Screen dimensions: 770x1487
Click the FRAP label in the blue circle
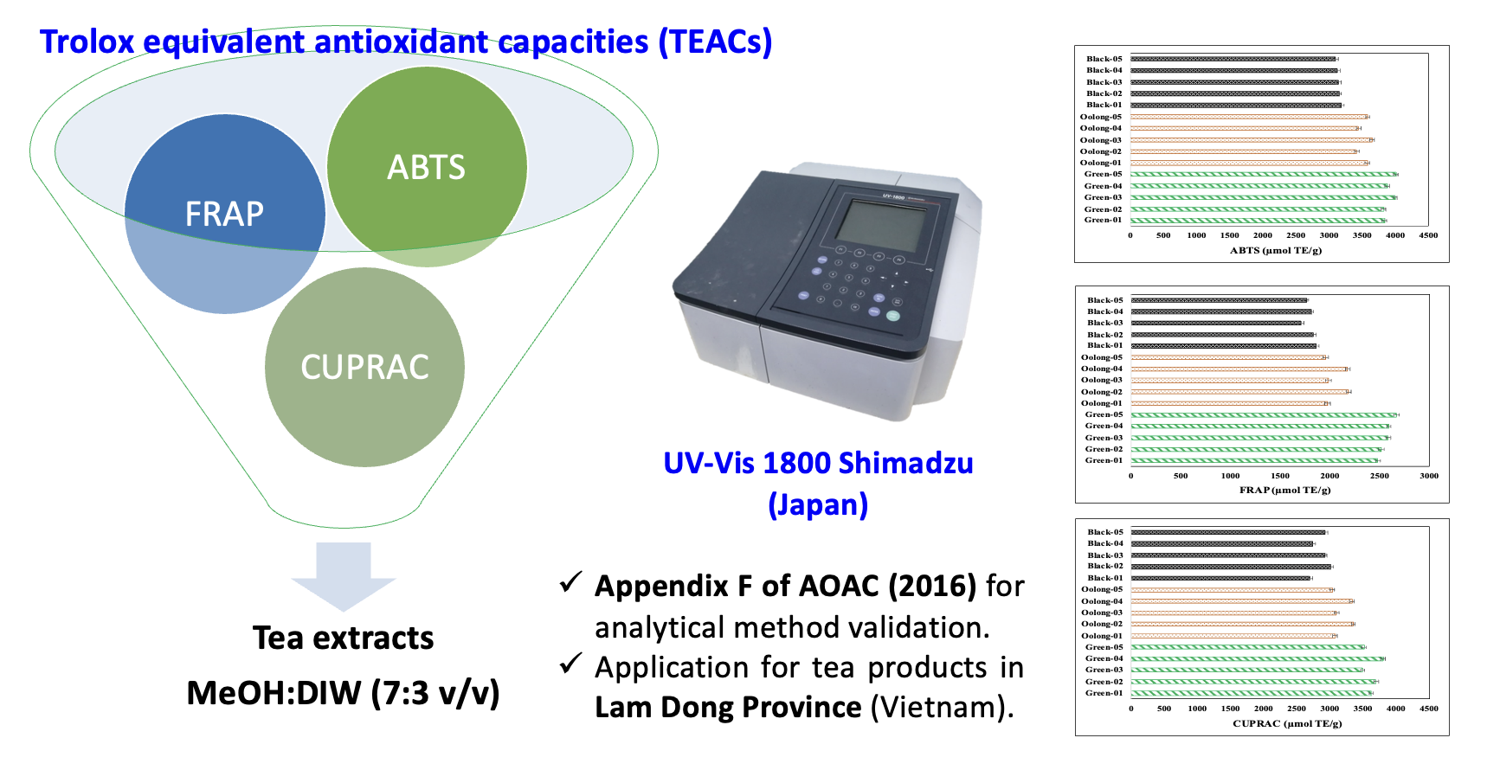(224, 214)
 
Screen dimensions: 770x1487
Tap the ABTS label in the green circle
(426, 167)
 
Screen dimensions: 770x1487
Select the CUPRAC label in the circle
(364, 367)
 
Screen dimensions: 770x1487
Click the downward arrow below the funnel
(344, 574)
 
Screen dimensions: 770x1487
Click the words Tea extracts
(343, 638)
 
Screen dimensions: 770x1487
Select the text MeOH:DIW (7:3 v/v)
(343, 693)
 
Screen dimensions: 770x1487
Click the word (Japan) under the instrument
(818, 504)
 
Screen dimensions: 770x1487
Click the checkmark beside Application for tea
(570, 664)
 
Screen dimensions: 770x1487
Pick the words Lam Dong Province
(728, 708)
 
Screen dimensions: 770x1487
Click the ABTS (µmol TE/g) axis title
(1275, 251)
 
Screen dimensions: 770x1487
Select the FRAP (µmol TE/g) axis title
(1284, 491)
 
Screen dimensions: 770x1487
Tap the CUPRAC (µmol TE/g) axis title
(1287, 723)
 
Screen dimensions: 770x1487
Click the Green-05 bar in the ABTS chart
(1263, 174)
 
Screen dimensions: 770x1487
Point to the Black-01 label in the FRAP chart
(1104, 345)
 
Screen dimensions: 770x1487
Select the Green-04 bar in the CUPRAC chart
(1257, 658)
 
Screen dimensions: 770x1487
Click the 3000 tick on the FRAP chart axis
(1429, 476)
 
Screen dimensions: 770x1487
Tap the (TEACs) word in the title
(715, 42)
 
